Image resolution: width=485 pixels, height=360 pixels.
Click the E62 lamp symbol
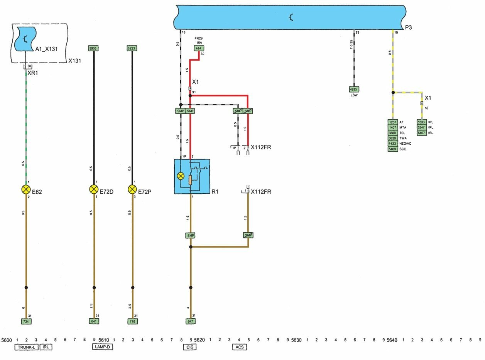coord(26,189)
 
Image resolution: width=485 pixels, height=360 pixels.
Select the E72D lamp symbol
coord(94,189)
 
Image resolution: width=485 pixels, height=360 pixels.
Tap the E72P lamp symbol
coord(132,189)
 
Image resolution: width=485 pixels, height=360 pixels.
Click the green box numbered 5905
coord(93,49)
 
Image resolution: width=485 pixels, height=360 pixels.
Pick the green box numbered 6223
coord(132,49)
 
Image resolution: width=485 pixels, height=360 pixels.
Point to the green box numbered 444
coord(199,49)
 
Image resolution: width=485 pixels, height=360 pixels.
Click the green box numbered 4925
coord(354,89)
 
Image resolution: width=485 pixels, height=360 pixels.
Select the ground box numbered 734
coord(25,321)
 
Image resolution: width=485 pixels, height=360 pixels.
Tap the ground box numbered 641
coord(94,321)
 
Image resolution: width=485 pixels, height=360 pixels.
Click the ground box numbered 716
coord(132,321)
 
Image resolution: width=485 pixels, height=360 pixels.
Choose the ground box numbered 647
coord(190,321)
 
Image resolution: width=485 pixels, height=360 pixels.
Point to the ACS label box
coord(239,347)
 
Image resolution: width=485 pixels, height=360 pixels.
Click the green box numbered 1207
coord(392,122)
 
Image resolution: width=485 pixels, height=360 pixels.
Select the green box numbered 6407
coord(421,133)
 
